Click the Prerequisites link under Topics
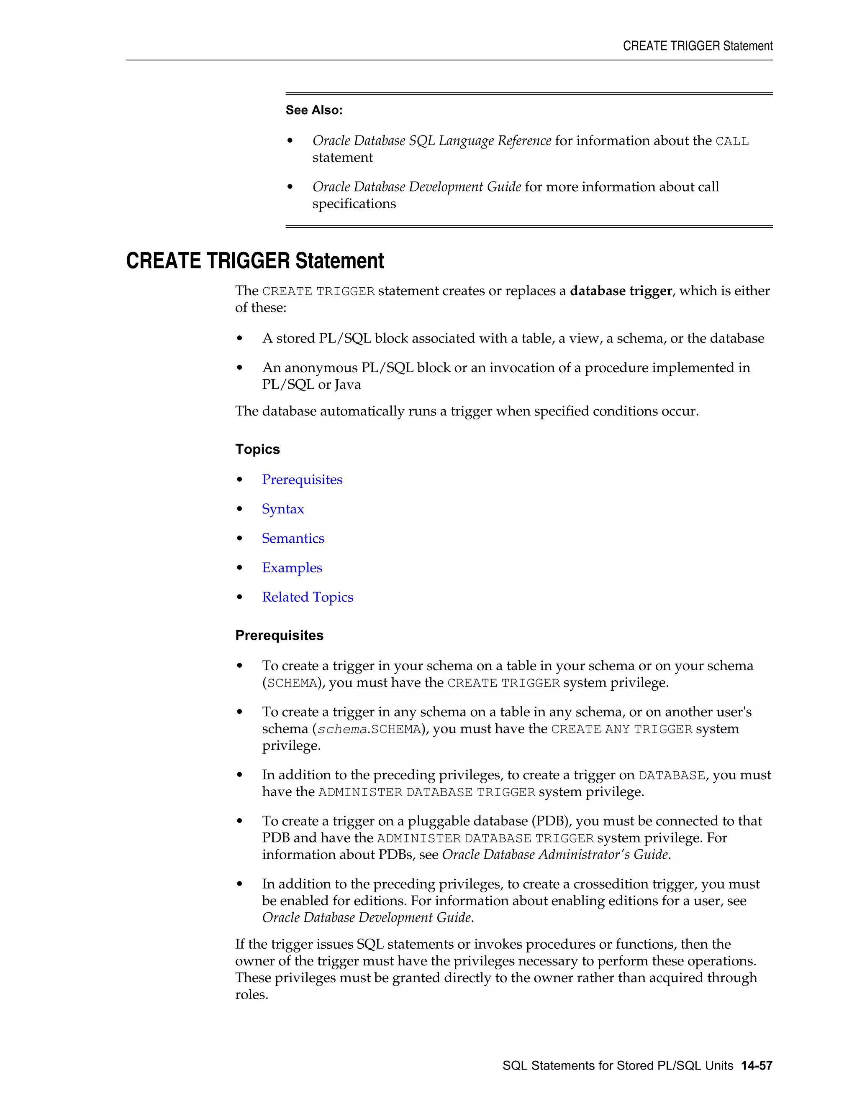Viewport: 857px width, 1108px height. (302, 480)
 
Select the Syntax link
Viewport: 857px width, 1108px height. (283, 509)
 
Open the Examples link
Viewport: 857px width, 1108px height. (292, 568)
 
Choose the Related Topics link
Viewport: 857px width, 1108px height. (308, 597)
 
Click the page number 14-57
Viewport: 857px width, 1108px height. (757, 1065)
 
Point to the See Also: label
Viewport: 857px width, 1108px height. (314, 110)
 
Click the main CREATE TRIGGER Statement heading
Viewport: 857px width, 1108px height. (255, 261)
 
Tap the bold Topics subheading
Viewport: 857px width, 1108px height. (257, 449)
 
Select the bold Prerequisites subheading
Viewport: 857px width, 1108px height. (279, 635)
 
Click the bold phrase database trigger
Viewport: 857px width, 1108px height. (621, 291)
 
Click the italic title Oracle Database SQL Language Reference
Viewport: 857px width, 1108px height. (431, 140)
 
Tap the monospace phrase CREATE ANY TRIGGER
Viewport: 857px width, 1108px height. (621, 729)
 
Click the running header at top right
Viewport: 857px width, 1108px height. (698, 46)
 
